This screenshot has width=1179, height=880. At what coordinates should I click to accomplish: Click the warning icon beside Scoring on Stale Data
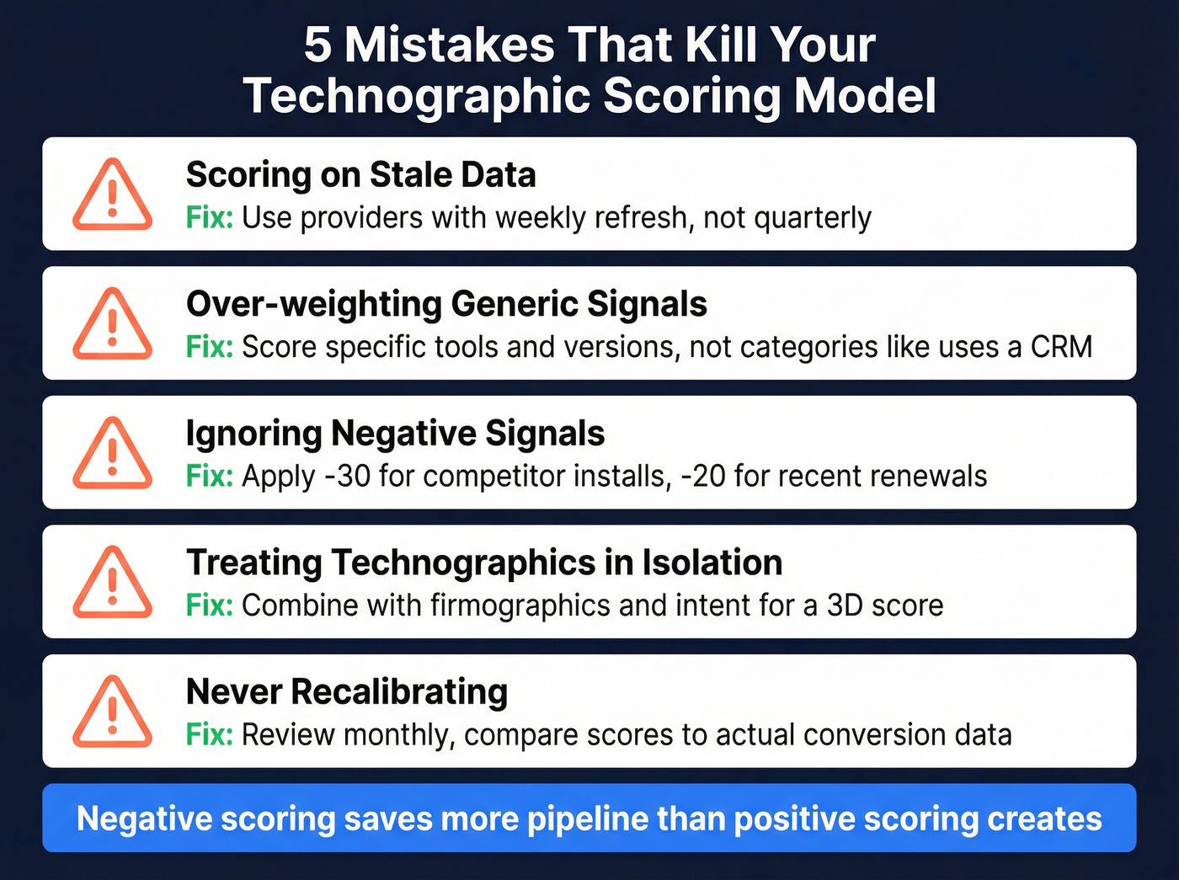tap(112, 195)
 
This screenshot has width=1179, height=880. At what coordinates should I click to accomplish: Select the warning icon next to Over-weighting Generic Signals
tap(112, 324)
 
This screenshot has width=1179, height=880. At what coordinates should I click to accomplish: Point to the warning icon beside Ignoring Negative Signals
tap(112, 453)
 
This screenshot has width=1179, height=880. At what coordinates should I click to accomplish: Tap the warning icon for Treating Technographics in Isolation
tap(112, 583)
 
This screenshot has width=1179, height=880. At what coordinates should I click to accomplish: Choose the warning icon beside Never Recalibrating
tap(112, 712)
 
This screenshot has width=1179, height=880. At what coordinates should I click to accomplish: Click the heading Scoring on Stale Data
tap(360, 175)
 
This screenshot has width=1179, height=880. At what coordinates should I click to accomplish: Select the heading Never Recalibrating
tap(346, 692)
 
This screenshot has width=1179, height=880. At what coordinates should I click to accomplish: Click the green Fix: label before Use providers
tap(209, 218)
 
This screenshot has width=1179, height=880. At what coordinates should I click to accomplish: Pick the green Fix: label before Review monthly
tap(209, 735)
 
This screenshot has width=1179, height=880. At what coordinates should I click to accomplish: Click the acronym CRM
tap(1061, 347)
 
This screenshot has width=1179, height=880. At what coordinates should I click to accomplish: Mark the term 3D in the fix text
tap(845, 605)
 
